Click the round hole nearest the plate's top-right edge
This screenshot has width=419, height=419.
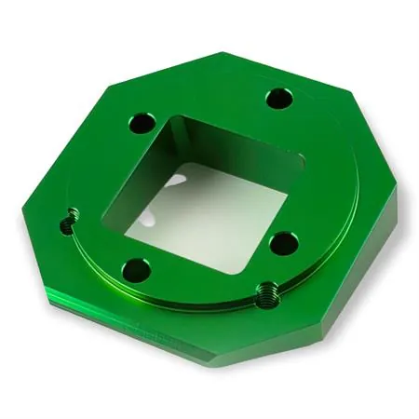click(277, 99)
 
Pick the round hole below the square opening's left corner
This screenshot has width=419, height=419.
click(136, 271)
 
